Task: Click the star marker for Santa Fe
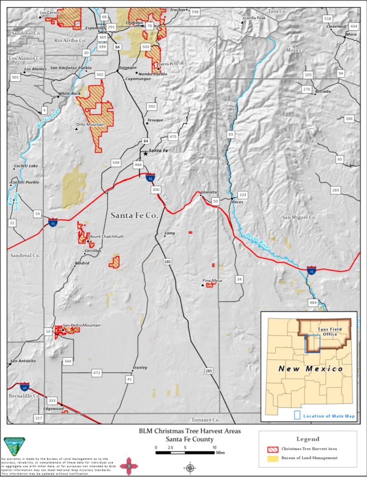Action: tap(146, 153)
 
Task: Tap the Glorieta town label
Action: tap(209, 192)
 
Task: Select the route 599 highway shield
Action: tap(116, 163)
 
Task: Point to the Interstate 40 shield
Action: tap(25, 386)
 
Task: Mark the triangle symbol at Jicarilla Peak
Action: tap(243, 22)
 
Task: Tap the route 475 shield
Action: tap(173, 137)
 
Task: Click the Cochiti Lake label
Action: tap(26, 166)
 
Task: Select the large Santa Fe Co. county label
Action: tap(134, 215)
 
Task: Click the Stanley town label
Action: tap(140, 367)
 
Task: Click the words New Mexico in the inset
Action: tap(310, 369)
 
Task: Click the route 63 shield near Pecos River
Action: tap(231, 134)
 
